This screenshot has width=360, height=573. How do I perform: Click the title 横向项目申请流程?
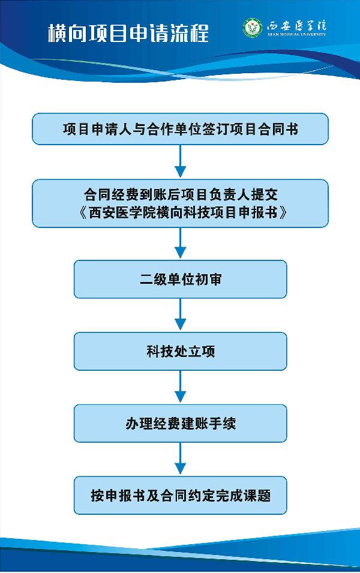[128, 33]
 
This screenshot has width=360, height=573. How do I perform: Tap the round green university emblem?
[253, 28]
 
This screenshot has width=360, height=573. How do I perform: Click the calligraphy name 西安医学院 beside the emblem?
[296, 26]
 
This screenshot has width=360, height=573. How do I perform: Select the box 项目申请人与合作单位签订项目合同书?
[180, 129]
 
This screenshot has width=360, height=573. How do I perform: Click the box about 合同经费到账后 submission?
[180, 203]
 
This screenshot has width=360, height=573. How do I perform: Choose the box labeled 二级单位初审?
[180, 279]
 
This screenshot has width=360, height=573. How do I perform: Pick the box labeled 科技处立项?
[180, 351]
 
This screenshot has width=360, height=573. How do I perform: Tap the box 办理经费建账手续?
[180, 423]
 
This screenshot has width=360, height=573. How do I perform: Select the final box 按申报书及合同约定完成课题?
[180, 495]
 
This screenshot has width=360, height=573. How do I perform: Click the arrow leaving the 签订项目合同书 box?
[180, 161]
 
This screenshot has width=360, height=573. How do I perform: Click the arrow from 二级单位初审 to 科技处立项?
[180, 314]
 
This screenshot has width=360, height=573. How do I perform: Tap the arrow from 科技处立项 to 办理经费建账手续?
[180, 386]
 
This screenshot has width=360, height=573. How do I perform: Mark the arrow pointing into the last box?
[180, 458]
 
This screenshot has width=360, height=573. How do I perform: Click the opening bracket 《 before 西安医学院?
[83, 212]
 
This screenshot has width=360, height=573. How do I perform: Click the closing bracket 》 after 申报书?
[283, 212]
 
